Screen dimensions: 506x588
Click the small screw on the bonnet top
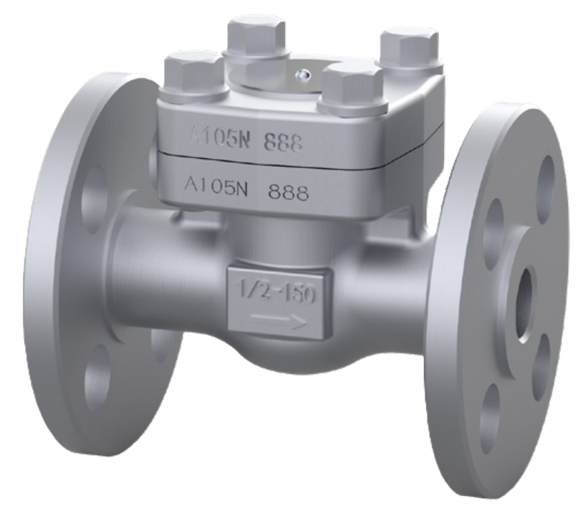[x=306, y=72]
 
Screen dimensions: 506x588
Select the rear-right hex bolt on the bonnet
[x=408, y=45]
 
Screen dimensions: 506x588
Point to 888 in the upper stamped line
[x=282, y=143]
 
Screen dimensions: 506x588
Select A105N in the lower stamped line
[x=215, y=186]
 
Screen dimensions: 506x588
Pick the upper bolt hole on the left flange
[x=91, y=195]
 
